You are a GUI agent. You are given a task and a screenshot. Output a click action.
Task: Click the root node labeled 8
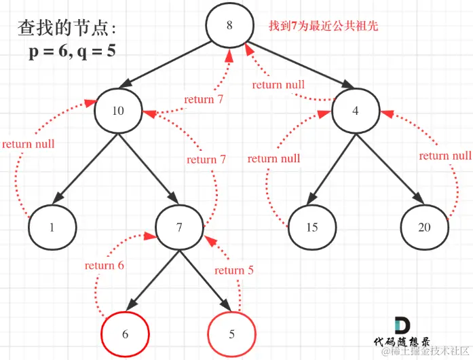(x=229, y=26)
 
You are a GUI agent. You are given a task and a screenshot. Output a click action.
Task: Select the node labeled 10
(x=118, y=110)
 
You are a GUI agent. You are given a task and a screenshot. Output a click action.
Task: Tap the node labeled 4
(x=355, y=110)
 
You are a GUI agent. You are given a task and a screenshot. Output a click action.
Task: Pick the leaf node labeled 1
(x=52, y=227)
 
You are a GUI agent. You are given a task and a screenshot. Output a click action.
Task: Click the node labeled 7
(x=179, y=227)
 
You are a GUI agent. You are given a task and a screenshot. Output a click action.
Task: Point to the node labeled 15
(x=311, y=227)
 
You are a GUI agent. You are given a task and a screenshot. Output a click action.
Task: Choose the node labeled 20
(x=423, y=227)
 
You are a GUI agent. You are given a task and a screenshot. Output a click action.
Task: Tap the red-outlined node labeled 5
(x=231, y=334)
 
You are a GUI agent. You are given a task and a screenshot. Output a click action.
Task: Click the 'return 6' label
(x=105, y=266)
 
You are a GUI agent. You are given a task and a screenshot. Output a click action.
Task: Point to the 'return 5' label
(x=234, y=270)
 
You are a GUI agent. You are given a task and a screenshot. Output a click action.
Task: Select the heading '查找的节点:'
(x=67, y=29)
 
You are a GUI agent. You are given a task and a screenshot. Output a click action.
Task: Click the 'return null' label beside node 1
(x=28, y=144)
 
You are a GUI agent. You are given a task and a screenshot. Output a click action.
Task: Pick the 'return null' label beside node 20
(x=444, y=156)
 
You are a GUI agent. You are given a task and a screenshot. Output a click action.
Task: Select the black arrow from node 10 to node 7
(x=149, y=169)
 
